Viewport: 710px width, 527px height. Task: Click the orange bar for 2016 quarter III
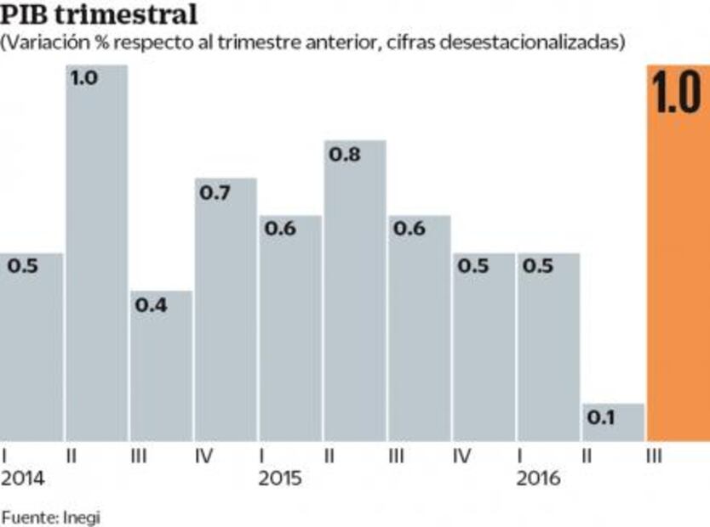click(678, 280)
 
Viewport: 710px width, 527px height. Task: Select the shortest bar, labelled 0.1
click(613, 422)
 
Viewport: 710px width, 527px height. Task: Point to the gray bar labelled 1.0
click(96, 255)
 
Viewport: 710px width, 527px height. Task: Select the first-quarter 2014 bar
click(31, 348)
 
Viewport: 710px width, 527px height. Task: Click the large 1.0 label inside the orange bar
click(678, 95)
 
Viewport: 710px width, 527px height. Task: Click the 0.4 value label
click(152, 306)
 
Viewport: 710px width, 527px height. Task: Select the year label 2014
click(23, 479)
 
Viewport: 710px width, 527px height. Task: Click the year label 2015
click(280, 479)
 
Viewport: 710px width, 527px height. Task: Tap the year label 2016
click(539, 479)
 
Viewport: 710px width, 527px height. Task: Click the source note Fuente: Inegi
click(50, 516)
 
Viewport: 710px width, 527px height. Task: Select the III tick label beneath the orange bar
click(654, 456)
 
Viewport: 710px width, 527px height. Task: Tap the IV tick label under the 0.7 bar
click(203, 456)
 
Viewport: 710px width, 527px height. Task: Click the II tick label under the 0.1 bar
click(587, 456)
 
